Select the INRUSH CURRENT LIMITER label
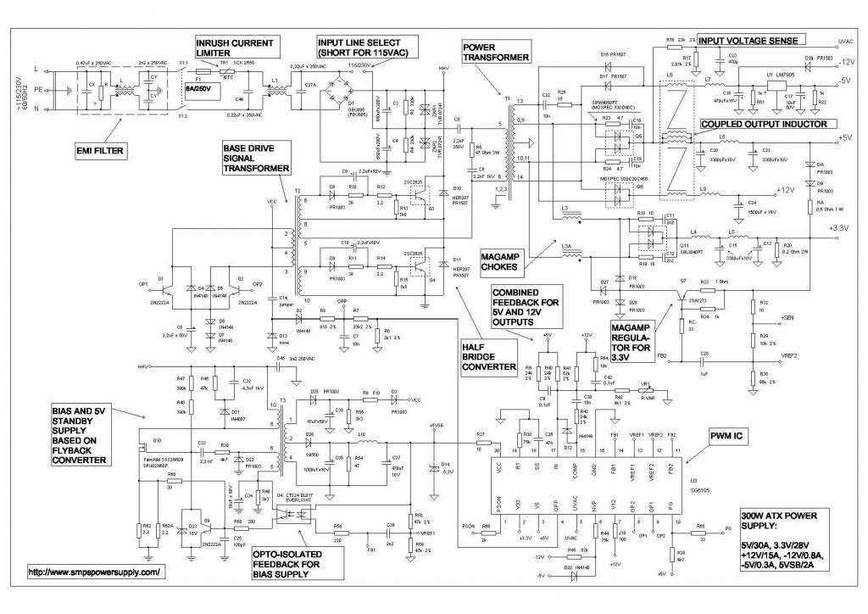tap(235, 48)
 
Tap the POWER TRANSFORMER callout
tap(495, 51)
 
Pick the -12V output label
tap(851, 62)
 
